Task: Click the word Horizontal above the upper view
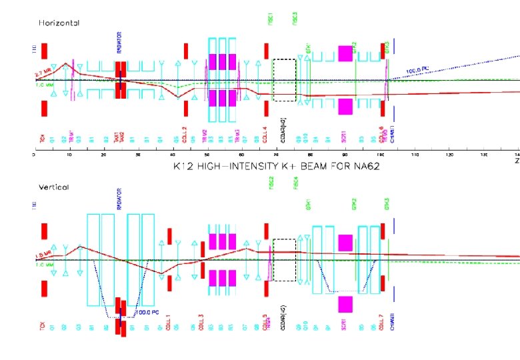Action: [59, 23]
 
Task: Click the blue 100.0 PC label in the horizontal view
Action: [418, 69]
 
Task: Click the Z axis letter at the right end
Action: [517, 161]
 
